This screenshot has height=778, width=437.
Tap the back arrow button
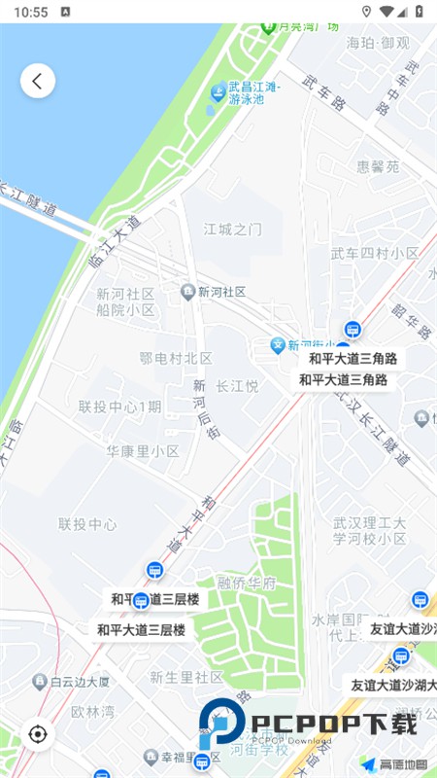(38, 81)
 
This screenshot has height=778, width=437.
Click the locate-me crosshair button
(38, 733)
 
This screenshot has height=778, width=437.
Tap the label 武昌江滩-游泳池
(252, 93)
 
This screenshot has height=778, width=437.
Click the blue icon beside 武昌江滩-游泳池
(218, 92)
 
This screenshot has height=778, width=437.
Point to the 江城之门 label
(232, 230)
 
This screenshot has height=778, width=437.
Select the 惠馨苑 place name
(378, 166)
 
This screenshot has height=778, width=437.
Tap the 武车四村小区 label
(375, 254)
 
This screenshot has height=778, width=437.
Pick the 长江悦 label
(237, 386)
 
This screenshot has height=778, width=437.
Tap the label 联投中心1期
(119, 407)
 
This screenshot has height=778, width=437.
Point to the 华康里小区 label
(143, 451)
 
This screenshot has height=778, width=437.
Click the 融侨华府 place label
(247, 584)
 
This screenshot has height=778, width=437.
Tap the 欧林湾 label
(92, 711)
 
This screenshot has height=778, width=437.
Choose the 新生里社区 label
(186, 677)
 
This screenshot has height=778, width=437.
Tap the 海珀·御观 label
(380, 44)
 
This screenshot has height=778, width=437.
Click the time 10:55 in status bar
(31, 12)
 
